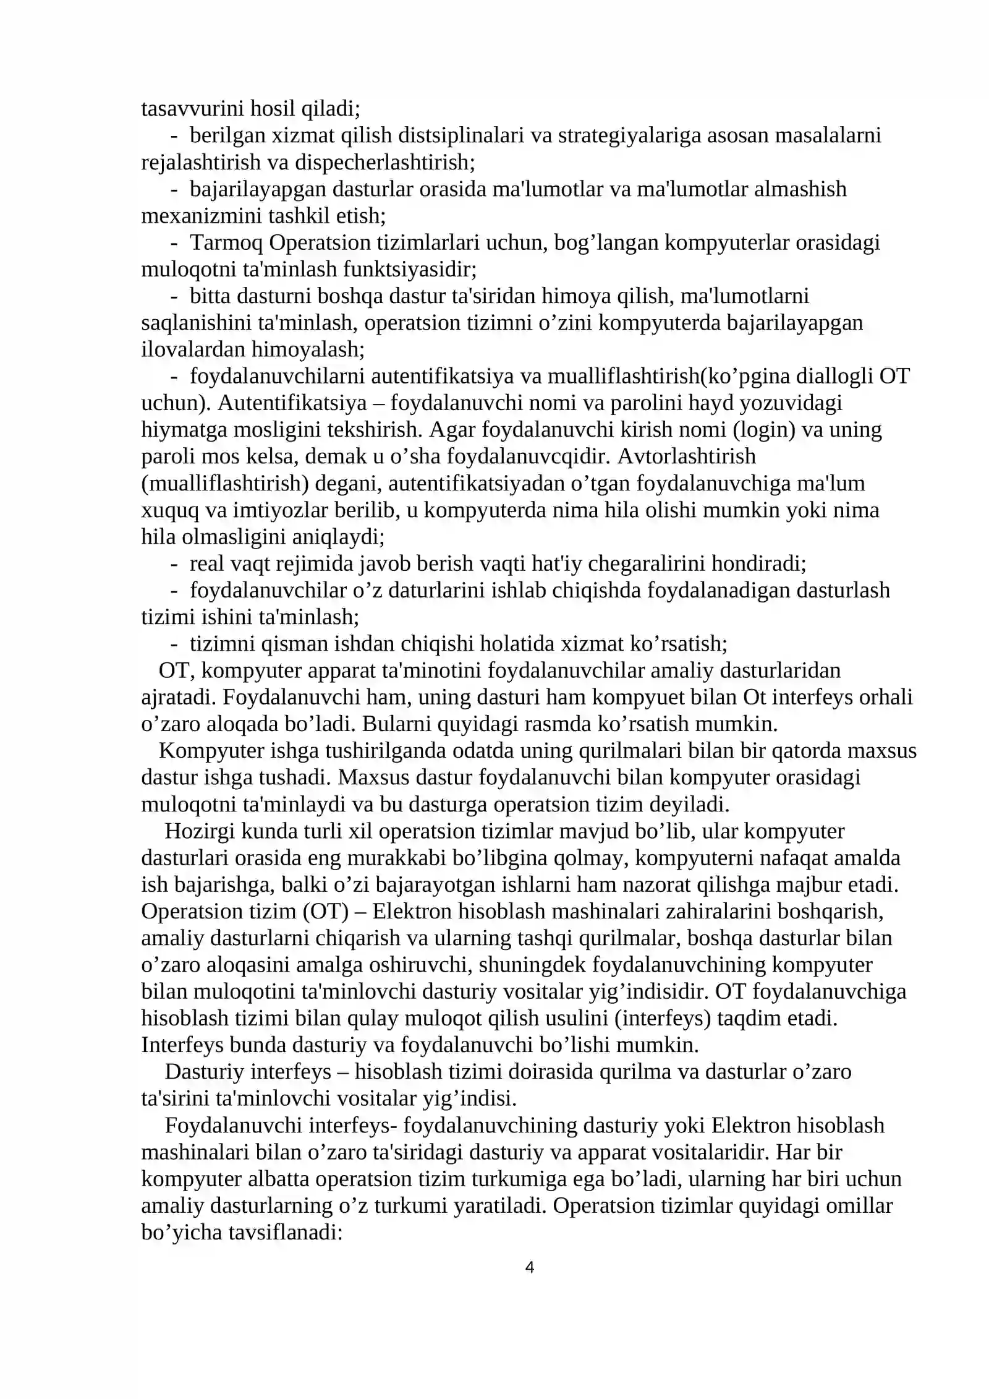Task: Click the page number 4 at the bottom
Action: coord(529,1268)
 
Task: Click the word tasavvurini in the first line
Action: coord(192,108)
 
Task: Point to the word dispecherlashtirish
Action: coord(384,162)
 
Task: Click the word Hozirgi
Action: coord(199,831)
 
